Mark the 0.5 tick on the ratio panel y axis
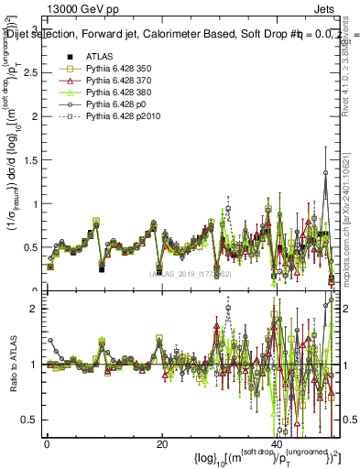click(x=32, y=420)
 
